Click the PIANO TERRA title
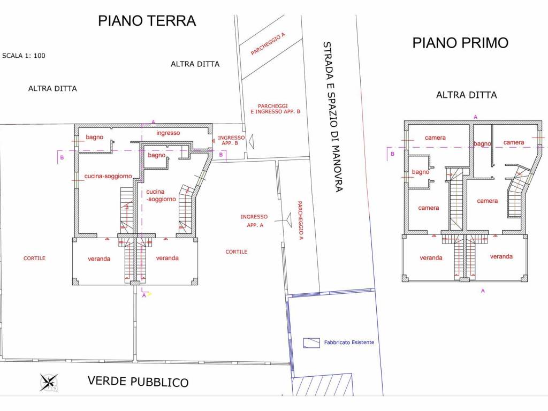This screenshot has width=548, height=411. [147, 21]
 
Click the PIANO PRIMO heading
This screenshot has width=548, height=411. [460, 43]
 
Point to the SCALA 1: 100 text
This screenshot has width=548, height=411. [24, 56]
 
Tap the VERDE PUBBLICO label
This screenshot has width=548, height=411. [138, 381]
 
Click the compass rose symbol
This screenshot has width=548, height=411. [49, 382]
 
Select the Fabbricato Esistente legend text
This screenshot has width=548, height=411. [349, 342]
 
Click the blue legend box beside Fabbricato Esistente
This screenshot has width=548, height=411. [311, 343]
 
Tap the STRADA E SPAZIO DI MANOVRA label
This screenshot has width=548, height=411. [332, 117]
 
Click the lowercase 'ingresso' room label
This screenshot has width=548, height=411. [168, 133]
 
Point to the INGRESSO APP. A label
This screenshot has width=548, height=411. [254, 221]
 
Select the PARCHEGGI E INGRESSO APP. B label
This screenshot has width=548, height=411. [275, 109]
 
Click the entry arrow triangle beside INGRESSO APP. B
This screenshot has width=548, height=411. [250, 140]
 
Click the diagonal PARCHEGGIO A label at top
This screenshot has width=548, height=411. [268, 44]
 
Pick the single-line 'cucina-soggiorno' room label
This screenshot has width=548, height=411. [108, 176]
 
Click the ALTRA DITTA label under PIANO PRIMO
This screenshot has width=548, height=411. [466, 95]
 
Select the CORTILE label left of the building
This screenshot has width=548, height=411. [34, 258]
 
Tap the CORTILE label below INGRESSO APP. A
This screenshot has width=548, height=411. [236, 252]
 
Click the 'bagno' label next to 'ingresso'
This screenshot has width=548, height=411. [94, 138]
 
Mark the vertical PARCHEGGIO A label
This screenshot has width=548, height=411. [300, 220]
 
